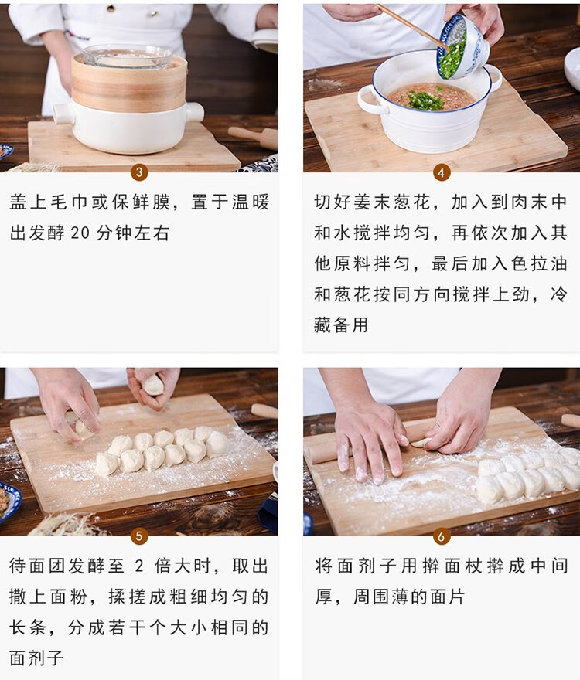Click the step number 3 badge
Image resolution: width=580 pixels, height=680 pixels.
(139, 172)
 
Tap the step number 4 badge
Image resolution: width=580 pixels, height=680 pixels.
(442, 172)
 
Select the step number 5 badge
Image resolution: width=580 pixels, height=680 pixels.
(139, 536)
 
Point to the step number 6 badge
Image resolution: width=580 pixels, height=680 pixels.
(442, 536)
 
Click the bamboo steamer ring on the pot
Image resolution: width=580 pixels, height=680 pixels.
(129, 84)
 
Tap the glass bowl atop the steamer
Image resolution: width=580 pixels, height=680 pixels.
(128, 56)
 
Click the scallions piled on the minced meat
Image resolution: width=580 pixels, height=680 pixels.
(425, 100)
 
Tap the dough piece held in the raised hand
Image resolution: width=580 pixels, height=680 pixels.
(153, 385)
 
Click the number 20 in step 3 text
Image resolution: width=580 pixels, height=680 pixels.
(80, 233)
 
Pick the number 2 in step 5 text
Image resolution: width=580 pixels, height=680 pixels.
(139, 566)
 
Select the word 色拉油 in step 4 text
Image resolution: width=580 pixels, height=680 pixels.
(540, 263)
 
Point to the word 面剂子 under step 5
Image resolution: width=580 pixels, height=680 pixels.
(37, 658)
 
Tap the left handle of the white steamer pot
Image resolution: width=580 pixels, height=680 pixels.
(63, 114)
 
